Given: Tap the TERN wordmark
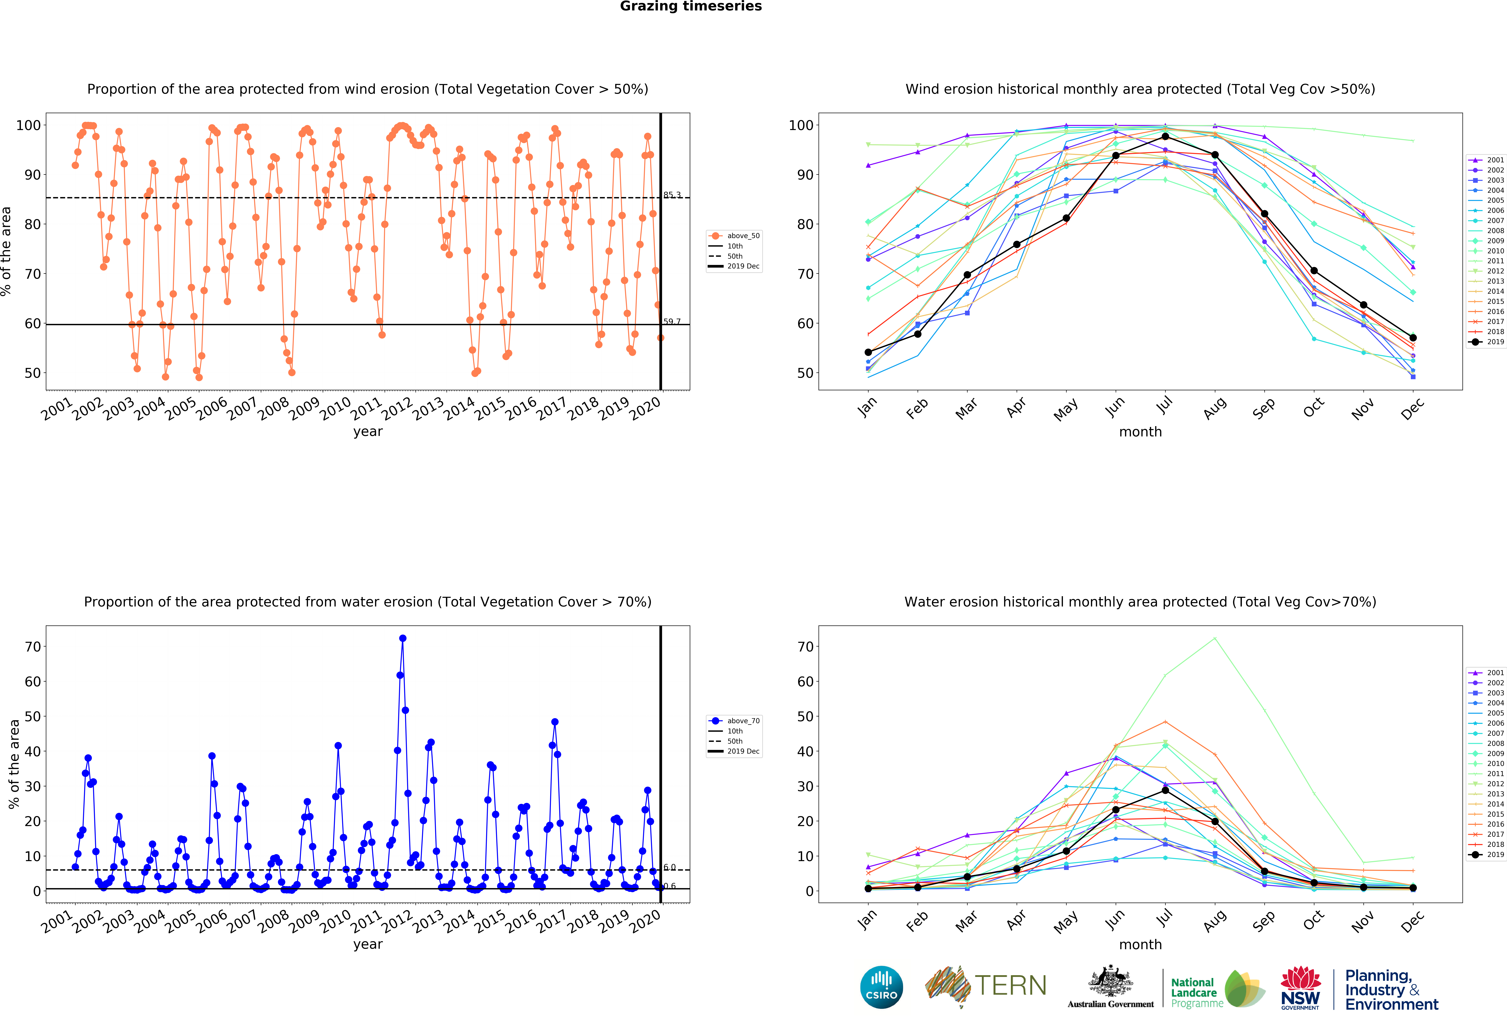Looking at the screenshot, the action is click(x=1010, y=986).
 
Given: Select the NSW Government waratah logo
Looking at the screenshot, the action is click(x=1300, y=987).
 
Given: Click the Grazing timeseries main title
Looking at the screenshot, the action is click(x=691, y=6).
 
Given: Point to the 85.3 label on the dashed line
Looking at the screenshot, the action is click(x=672, y=195).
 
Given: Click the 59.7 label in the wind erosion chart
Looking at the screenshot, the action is click(x=672, y=321).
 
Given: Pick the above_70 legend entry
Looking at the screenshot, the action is click(x=734, y=720).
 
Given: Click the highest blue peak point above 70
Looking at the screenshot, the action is click(x=403, y=638).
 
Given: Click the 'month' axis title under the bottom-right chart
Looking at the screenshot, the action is click(x=1140, y=945).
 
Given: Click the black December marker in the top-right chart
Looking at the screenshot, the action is click(x=1413, y=338).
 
